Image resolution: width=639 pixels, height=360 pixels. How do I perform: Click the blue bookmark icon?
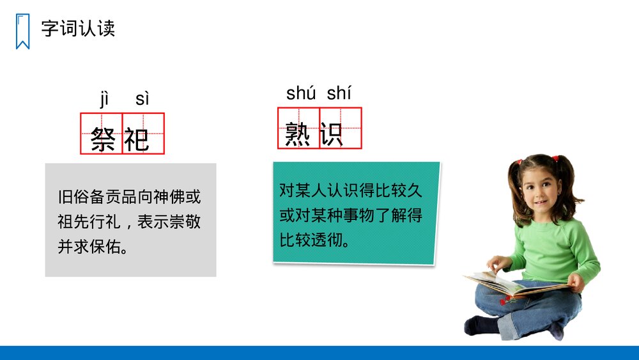point(22,31)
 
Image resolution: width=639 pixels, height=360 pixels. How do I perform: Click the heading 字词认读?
point(78,29)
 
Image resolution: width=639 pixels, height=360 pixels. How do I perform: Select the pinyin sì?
point(142,99)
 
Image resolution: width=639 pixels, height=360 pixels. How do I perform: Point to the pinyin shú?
point(301,93)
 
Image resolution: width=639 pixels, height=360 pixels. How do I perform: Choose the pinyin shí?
point(339,93)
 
